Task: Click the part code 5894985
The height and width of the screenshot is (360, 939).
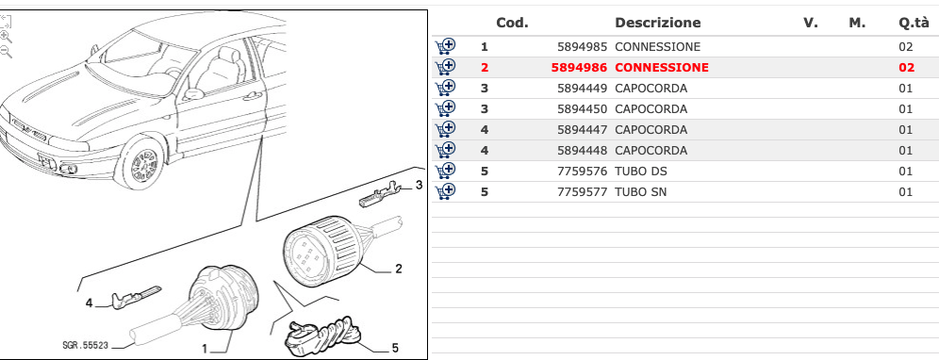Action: tap(582, 47)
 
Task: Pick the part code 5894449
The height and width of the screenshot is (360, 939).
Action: tap(582, 89)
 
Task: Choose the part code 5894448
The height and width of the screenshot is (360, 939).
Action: tap(582, 151)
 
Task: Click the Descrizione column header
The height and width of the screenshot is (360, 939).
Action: tap(657, 23)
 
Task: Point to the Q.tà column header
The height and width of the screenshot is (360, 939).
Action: tap(914, 23)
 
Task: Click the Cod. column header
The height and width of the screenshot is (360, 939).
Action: tap(512, 23)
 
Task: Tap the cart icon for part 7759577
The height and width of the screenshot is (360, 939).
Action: tap(445, 191)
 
